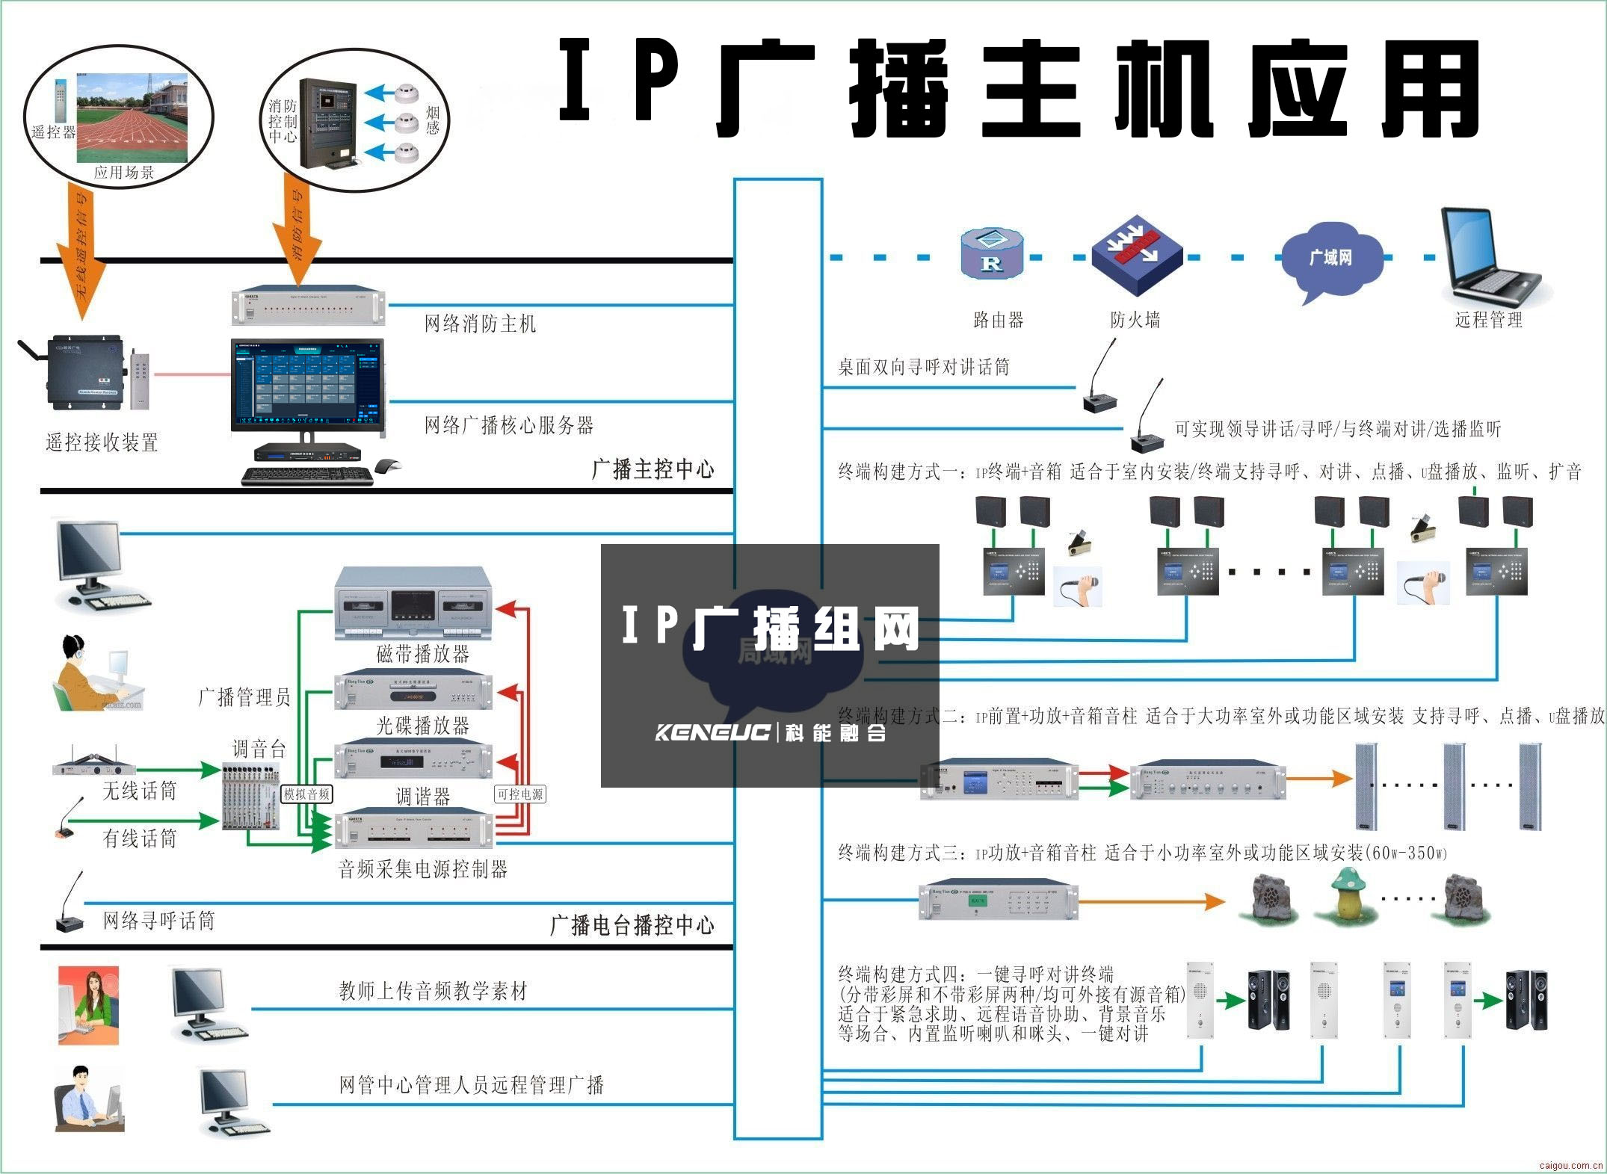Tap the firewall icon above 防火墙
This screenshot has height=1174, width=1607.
pyautogui.click(x=1136, y=254)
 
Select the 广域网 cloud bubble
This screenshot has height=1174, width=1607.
pyautogui.click(x=1330, y=259)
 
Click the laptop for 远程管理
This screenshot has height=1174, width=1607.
pyautogui.click(x=1487, y=258)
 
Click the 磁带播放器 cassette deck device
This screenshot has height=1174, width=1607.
pyautogui.click(x=413, y=604)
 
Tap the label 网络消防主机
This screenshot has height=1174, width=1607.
pyautogui.click(x=480, y=324)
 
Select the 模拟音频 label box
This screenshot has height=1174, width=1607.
pyautogui.click(x=306, y=794)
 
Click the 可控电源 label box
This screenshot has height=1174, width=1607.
pyautogui.click(x=520, y=794)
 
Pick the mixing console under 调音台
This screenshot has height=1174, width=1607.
pyautogui.click(x=250, y=797)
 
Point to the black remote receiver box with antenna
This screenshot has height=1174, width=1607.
pyautogui.click(x=82, y=372)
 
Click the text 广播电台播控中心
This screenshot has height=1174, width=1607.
pyautogui.click(x=632, y=925)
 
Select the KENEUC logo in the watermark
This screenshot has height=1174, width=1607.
pyautogui.click(x=712, y=732)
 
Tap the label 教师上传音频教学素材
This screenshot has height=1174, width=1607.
pyautogui.click(x=433, y=992)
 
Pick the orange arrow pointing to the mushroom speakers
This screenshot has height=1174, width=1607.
pyautogui.click(x=1151, y=902)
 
